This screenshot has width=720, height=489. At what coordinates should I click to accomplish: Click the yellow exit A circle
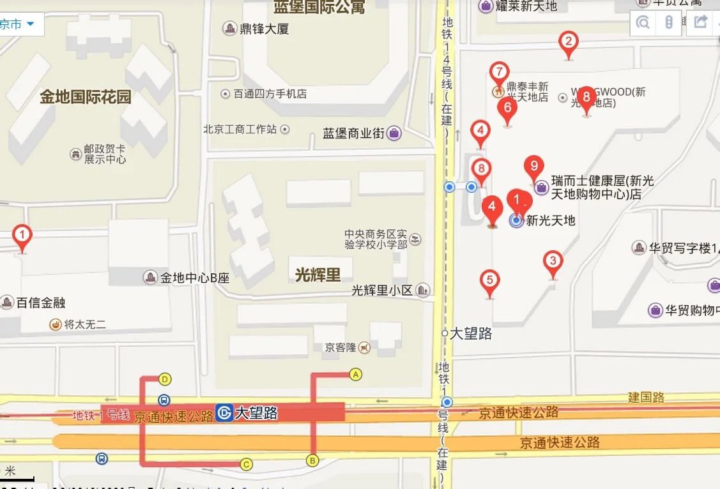[x=356, y=374]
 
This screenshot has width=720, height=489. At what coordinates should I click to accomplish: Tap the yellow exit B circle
[x=312, y=460]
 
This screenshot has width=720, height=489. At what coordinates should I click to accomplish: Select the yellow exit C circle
[x=246, y=464]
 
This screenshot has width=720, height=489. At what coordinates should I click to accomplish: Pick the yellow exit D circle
[x=165, y=379]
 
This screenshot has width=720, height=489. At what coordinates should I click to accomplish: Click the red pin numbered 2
[x=568, y=43]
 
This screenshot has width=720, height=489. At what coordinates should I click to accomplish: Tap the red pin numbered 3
[x=553, y=261]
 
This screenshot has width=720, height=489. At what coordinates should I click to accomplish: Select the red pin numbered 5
[x=489, y=281]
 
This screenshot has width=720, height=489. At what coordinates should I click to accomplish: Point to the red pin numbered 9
[x=533, y=166]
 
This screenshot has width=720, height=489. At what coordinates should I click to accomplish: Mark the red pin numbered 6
[x=507, y=108]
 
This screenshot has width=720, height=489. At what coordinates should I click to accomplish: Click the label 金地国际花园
[x=85, y=97]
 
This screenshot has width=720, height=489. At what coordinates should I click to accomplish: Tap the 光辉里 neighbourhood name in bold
[x=318, y=275]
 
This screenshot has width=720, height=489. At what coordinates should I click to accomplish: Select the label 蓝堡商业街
[x=353, y=133]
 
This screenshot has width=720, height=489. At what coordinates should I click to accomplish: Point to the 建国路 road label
[x=646, y=397]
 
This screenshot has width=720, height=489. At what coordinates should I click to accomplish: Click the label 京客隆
[x=340, y=348]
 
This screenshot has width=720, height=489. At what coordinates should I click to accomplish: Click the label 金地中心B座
[x=194, y=278]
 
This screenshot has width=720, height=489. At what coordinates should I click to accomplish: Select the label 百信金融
[x=41, y=303]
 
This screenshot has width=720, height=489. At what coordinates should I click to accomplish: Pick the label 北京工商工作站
[x=240, y=129]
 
